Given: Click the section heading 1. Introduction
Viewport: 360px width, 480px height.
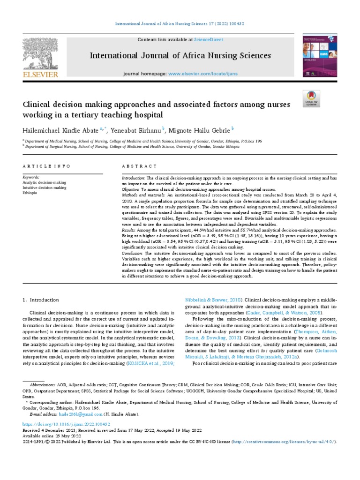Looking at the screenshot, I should pyautogui.click(x=41, y=300).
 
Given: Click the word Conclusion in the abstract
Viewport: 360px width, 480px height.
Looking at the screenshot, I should pyautogui.click(x=133, y=253).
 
